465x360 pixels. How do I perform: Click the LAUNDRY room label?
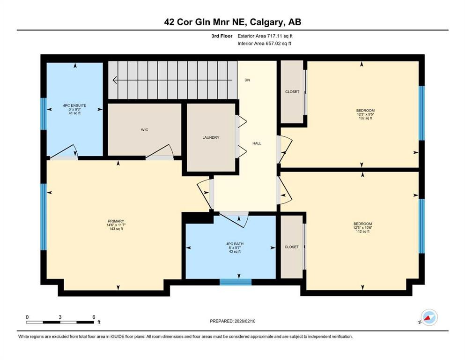click(x=211, y=137)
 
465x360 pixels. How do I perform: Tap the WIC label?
click(x=145, y=130)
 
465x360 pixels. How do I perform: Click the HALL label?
click(x=257, y=143)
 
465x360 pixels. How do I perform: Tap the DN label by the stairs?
click(x=247, y=80)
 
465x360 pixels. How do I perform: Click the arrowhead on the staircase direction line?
click(x=116, y=80)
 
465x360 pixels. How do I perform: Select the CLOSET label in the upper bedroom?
click(x=292, y=92)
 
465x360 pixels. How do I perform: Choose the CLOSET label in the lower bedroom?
click(x=291, y=247)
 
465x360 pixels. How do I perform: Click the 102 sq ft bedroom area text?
click(x=365, y=118)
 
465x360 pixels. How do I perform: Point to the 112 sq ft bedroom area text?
click(x=362, y=232)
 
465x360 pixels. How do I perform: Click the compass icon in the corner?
click(x=429, y=317)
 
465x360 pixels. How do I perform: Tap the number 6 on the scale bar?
click(x=94, y=317)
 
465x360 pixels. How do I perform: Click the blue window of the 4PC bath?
click(x=236, y=282)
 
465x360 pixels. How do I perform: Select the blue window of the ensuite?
click(x=43, y=113)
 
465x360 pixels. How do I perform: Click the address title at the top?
click(x=232, y=22)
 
